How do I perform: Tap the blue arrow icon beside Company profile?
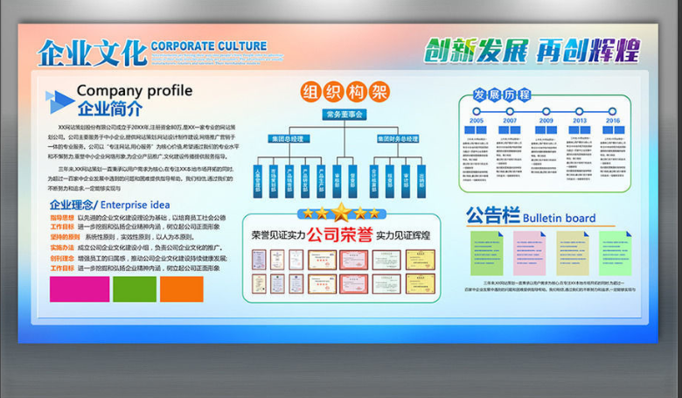pyautogui.click(x=60, y=98)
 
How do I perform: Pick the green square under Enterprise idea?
pyautogui.click(x=134, y=289)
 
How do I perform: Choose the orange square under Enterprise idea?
pyautogui.click(x=181, y=289)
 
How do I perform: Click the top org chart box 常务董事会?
pyautogui.click(x=344, y=115)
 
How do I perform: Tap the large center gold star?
pyautogui.click(x=340, y=212)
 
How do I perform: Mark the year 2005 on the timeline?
pyautogui.click(x=476, y=121)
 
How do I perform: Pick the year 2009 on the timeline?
pyautogui.click(x=546, y=121)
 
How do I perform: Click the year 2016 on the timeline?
pyautogui.click(x=612, y=121)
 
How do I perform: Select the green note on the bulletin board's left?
pyautogui.click(x=487, y=254)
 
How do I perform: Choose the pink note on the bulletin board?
pyautogui.click(x=529, y=254)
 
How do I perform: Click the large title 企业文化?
pyautogui.click(x=92, y=52)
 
